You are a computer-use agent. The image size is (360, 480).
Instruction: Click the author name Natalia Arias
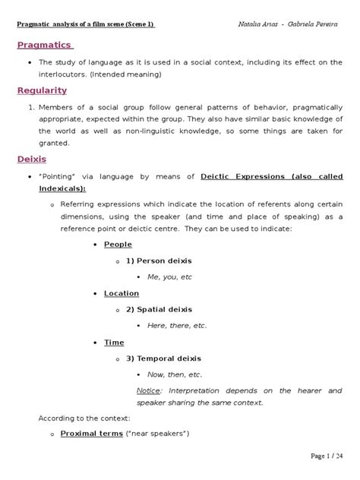pyautogui.click(x=262, y=24)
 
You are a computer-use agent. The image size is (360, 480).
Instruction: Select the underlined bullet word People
pyautogui.click(x=117, y=245)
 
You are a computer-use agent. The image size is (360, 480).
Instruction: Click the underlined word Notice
pyautogui.click(x=148, y=390)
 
